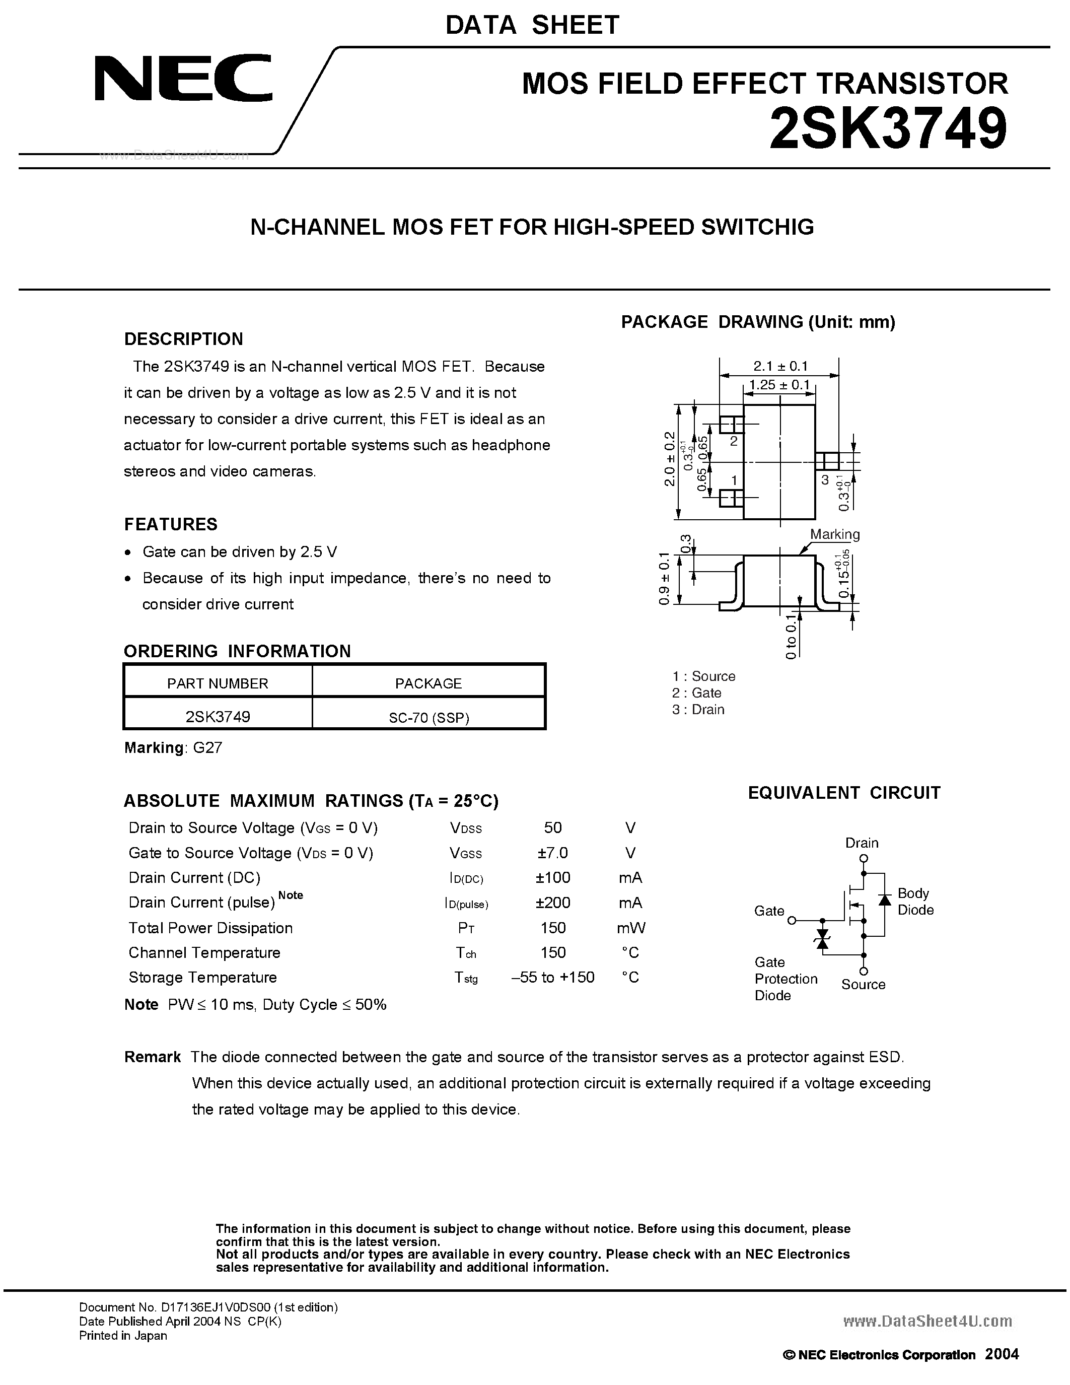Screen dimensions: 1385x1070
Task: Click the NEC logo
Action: point(184,78)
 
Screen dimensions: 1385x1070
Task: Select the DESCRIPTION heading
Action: point(183,339)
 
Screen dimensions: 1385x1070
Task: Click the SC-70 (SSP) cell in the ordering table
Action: point(429,717)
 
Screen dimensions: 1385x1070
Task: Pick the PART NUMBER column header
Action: point(218,683)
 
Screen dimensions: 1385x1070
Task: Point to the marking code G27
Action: point(207,748)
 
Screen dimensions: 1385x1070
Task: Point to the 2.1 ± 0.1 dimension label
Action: point(780,366)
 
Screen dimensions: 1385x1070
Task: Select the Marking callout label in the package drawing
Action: point(834,534)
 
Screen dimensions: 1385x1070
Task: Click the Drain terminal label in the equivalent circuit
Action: point(862,843)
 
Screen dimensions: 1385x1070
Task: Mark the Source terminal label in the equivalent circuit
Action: point(863,984)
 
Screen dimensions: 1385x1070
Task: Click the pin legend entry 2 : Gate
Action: point(697,692)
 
